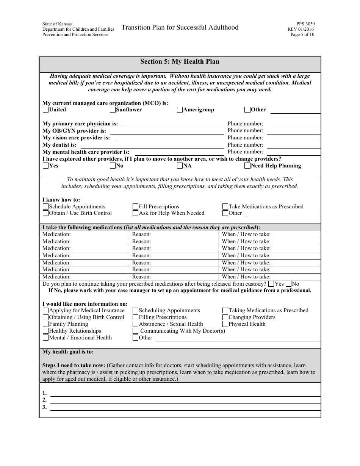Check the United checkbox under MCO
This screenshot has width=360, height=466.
pyautogui.click(x=46, y=110)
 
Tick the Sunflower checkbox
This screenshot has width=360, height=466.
pyautogui.click(x=113, y=110)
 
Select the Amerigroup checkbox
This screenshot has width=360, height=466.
pyautogui.click(x=180, y=110)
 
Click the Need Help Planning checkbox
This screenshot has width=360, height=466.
pyautogui.click(x=247, y=166)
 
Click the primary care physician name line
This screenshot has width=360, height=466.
pyautogui.click(x=172, y=124)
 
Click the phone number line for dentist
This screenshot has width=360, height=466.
pyautogui.click(x=294, y=145)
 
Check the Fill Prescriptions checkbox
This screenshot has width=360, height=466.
pyautogui.click(x=135, y=206)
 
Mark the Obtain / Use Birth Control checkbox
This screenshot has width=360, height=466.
pyautogui.click(x=46, y=213)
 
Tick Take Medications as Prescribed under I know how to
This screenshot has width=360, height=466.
pyautogui.click(x=225, y=206)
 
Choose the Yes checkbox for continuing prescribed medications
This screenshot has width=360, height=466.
pyautogui.click(x=271, y=284)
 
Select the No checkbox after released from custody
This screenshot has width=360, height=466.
pyautogui.click(x=288, y=284)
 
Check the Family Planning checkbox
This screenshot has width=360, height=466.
pyautogui.click(x=46, y=324)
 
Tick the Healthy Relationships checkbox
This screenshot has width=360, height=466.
pyautogui.click(x=46, y=331)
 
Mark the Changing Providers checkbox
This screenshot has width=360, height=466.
pyautogui.click(x=225, y=317)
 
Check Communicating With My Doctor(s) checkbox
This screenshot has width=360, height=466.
pyautogui.click(x=135, y=331)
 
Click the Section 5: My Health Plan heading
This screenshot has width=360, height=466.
pyautogui.click(x=180, y=61)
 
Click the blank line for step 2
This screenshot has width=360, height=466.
pyautogui.click(x=185, y=400)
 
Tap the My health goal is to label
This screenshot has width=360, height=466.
pyautogui.click(x=68, y=352)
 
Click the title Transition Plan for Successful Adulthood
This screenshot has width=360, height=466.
pyautogui.click(x=180, y=27)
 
